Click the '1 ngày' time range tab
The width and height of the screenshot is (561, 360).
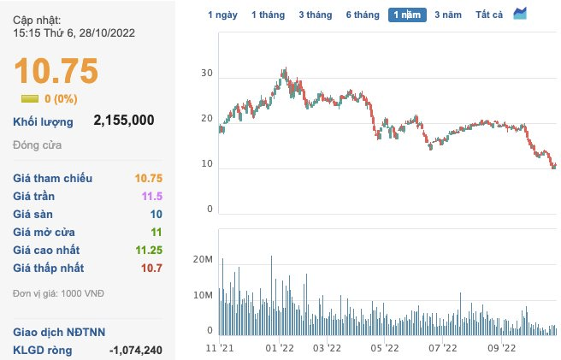tap(222, 15)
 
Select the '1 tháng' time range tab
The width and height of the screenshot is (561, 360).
tap(268, 15)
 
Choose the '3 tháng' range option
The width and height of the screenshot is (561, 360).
tap(314, 15)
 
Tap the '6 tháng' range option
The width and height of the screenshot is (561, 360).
tap(362, 15)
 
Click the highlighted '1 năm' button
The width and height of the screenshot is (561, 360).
tap(406, 15)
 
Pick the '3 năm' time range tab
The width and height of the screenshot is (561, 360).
tap(447, 15)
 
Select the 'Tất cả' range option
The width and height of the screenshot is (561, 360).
tap(489, 15)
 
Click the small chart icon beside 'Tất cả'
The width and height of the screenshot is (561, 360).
tap(520, 14)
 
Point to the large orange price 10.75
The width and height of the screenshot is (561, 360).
tap(56, 72)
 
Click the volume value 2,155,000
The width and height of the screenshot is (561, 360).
tap(123, 121)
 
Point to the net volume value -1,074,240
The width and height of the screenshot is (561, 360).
tap(136, 350)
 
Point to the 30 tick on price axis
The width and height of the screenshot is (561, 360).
tap(205, 74)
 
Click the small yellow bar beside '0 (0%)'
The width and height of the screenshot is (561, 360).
tap(30, 98)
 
